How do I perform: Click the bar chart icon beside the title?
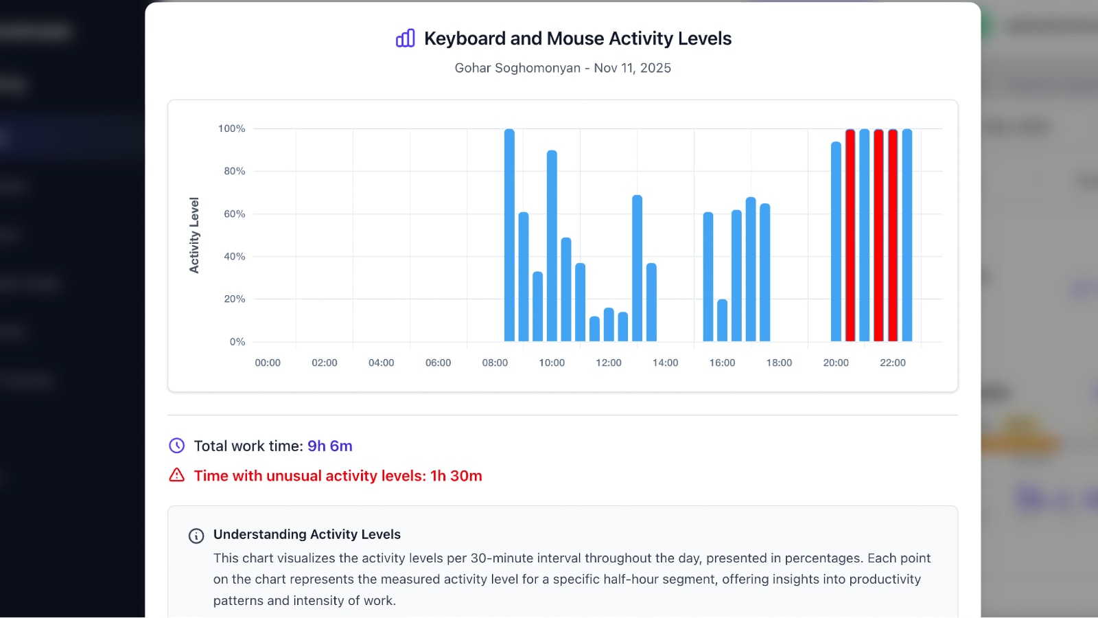(x=406, y=38)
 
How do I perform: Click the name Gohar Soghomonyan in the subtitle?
(x=517, y=68)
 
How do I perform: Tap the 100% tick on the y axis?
(x=231, y=128)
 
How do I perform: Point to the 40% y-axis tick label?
(x=234, y=256)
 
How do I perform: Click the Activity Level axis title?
(x=194, y=236)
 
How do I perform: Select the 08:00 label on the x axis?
(x=495, y=363)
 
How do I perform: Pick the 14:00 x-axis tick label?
(x=665, y=363)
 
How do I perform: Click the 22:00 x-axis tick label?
(x=892, y=363)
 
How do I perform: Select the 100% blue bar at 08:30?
(x=509, y=235)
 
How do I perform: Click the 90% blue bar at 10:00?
(x=552, y=246)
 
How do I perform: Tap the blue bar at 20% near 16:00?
(x=722, y=320)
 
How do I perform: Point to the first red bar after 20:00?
(x=850, y=235)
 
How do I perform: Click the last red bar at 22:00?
(x=893, y=235)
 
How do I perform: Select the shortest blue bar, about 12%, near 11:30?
(x=594, y=329)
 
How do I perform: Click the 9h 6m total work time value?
(x=329, y=446)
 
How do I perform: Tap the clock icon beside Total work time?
(x=177, y=446)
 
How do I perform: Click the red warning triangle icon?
(x=177, y=475)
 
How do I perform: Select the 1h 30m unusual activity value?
(x=456, y=476)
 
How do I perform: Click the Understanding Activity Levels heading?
(x=307, y=534)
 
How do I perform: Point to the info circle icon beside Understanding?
(x=196, y=536)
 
